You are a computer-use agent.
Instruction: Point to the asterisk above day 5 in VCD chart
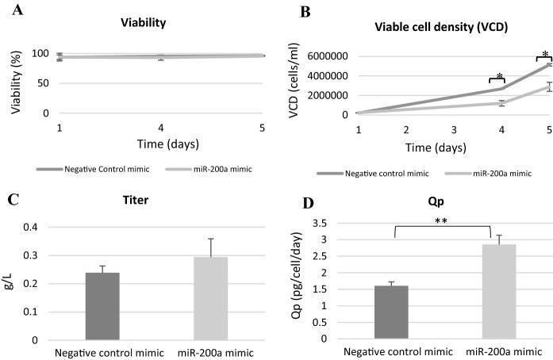[544, 54]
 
